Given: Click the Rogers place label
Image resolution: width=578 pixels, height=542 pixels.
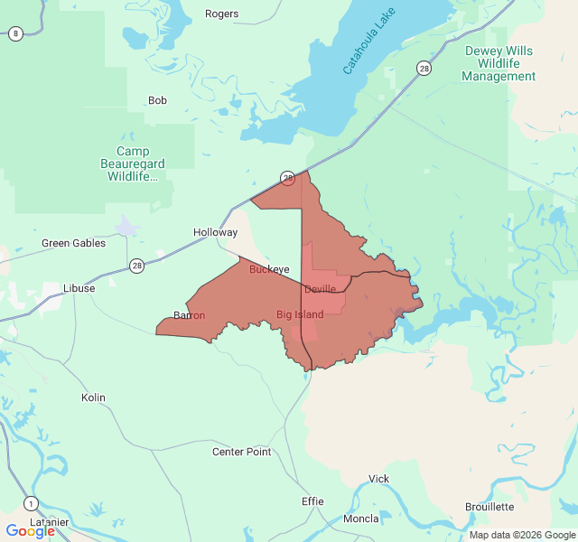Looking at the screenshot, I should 221,14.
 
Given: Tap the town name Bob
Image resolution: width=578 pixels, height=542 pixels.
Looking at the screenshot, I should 157,100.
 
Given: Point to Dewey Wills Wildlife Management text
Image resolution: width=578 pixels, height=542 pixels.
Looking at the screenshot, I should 499,63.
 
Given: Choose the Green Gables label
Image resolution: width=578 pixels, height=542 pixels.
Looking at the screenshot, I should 73,243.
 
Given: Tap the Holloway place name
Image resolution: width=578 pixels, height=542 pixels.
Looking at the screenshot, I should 215,232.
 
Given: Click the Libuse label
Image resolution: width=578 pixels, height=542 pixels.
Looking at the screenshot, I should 79,288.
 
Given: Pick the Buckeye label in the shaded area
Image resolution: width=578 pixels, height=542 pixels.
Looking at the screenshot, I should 269,269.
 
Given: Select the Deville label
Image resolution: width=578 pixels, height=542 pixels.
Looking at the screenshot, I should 320,289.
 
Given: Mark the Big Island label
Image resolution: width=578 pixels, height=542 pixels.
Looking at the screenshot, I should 300,314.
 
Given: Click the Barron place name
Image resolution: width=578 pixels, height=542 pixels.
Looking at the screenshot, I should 189,315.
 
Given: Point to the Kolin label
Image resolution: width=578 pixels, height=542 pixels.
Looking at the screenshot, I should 93,397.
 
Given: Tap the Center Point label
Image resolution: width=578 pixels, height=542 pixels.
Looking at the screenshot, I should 241,452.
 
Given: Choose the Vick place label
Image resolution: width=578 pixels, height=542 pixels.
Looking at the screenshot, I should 378,479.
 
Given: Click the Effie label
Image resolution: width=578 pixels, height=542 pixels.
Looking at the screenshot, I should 312,501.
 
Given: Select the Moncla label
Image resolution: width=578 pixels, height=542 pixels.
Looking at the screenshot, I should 361,519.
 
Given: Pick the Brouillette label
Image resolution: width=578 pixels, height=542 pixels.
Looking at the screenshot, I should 489,507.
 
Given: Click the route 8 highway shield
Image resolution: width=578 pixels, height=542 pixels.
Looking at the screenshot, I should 15,33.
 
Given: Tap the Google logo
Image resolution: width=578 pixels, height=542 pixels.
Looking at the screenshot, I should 30,531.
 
